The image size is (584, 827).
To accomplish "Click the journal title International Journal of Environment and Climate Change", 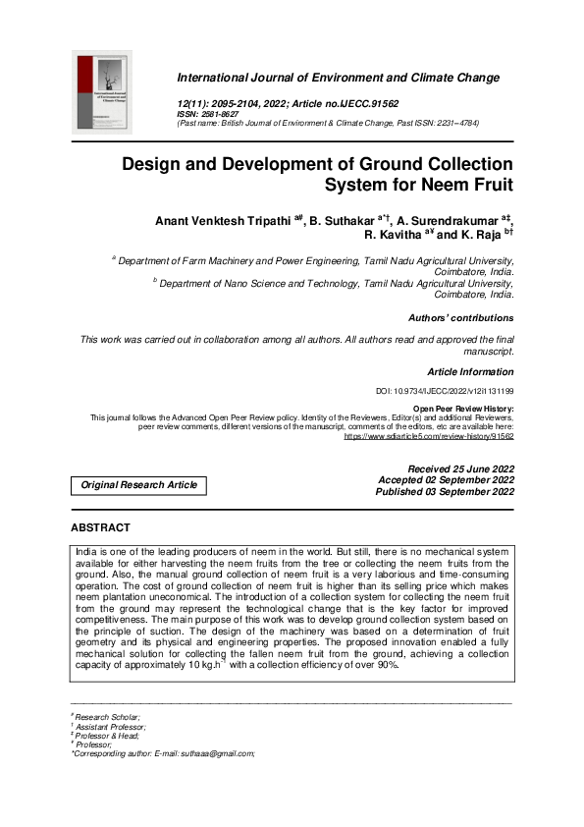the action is click(x=338, y=78).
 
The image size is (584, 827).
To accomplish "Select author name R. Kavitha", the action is click(x=391, y=236).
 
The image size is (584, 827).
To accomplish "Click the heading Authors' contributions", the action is click(x=460, y=318).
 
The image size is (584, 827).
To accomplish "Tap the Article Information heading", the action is click(x=470, y=372).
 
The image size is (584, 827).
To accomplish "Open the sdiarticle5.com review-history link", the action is click(x=428, y=435).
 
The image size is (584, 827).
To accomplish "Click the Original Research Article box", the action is click(x=138, y=485).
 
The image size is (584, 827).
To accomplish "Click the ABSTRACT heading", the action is click(x=101, y=528).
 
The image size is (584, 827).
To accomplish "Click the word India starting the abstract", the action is click(x=87, y=553).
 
